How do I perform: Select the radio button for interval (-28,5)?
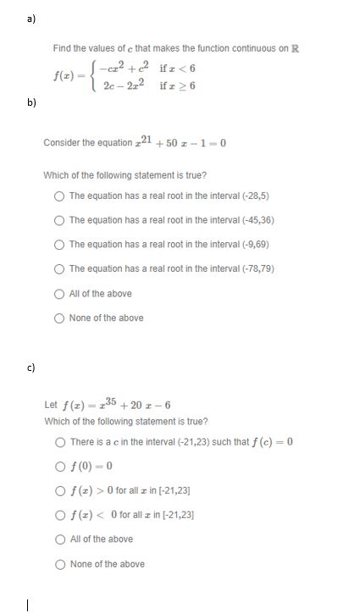point(59,196)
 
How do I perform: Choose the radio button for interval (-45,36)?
point(59,220)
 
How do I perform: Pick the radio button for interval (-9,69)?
point(59,245)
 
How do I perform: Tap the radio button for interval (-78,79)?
point(59,269)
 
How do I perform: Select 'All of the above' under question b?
point(59,294)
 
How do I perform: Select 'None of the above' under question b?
point(59,318)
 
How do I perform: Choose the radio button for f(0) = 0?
point(60,466)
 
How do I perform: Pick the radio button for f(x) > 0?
point(60,490)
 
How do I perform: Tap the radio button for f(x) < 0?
point(60,515)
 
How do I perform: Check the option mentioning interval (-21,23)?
point(60,441)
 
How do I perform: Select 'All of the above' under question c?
point(60,539)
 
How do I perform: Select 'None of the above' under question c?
point(60,564)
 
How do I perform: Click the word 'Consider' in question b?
point(61,142)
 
